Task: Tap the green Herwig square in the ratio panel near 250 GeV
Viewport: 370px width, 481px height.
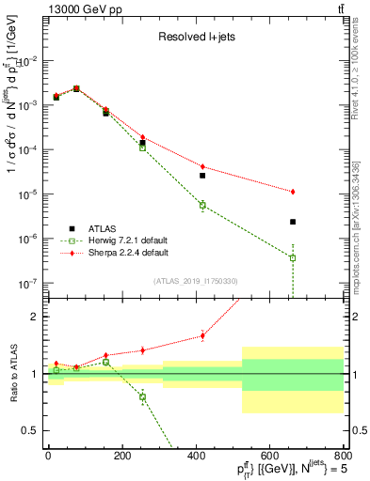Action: (x=143, y=396)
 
